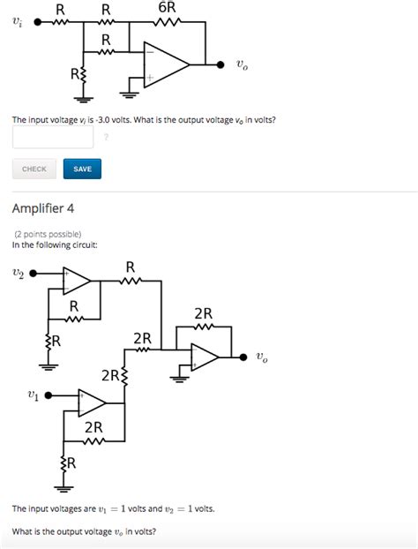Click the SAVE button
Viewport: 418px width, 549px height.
pyautogui.click(x=82, y=169)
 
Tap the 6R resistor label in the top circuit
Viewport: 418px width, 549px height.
pyautogui.click(x=167, y=7)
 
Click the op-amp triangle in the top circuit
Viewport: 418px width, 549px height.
pyautogui.click(x=166, y=65)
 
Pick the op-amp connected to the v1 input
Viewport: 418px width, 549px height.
pyautogui.click(x=92, y=403)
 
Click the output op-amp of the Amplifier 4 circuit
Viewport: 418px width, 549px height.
pyautogui.click(x=205, y=357)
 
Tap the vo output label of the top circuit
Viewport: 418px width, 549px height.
pyautogui.click(x=242, y=65)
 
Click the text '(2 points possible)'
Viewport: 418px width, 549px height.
pyautogui.click(x=48, y=234)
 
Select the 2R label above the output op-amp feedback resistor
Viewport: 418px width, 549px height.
pyautogui.click(x=203, y=313)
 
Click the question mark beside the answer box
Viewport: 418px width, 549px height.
pyautogui.click(x=107, y=137)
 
